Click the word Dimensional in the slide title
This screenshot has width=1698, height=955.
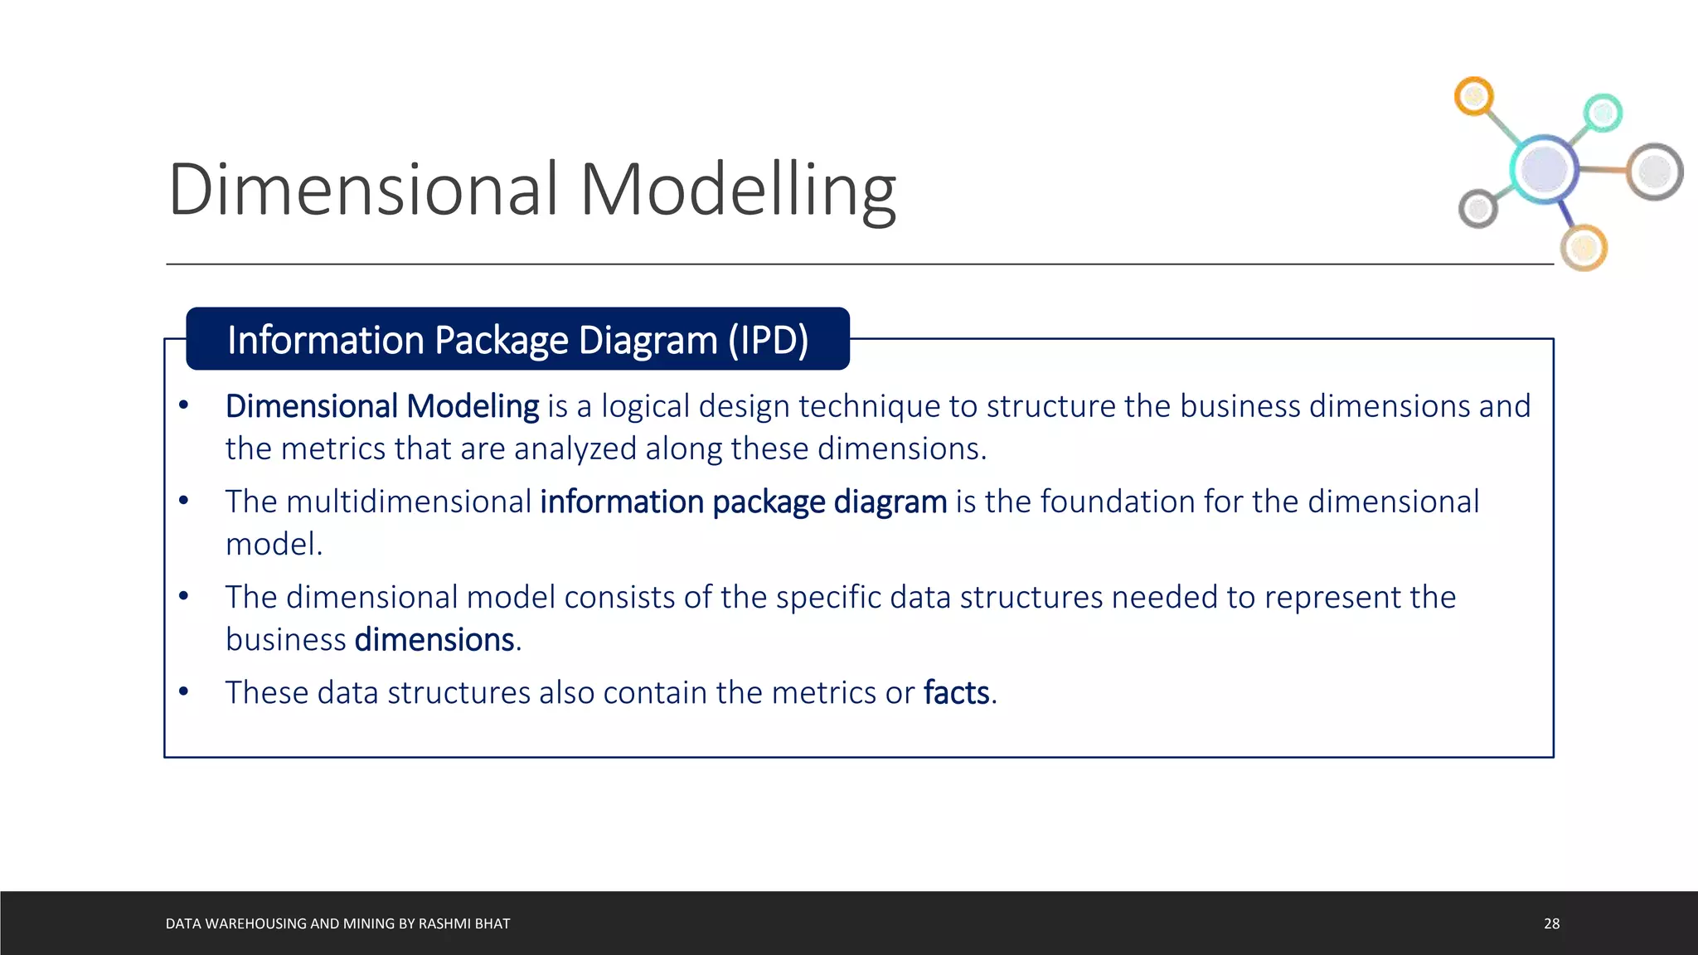pos(363,190)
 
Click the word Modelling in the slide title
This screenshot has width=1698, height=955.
pos(737,190)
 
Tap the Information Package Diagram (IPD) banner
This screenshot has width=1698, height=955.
pos(517,339)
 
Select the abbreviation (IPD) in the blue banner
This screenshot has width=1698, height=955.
pos(768,340)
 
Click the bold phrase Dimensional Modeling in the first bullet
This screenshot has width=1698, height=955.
pos(382,406)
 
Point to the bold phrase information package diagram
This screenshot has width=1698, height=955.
pos(743,502)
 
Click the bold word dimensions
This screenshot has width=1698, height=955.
pos(434,640)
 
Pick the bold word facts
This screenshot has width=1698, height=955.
pos(957,692)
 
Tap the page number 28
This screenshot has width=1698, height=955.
pos(1551,923)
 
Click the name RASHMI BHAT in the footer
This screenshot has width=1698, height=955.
pos(464,923)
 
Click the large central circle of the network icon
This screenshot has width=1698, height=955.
pos(1543,168)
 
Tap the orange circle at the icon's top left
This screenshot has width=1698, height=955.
pos(1473,97)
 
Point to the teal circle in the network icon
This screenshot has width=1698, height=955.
pos(1603,113)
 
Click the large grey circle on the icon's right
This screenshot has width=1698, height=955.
pos(1654,172)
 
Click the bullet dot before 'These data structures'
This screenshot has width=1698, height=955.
pos(184,691)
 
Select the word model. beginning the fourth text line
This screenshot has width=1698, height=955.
pos(274,545)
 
